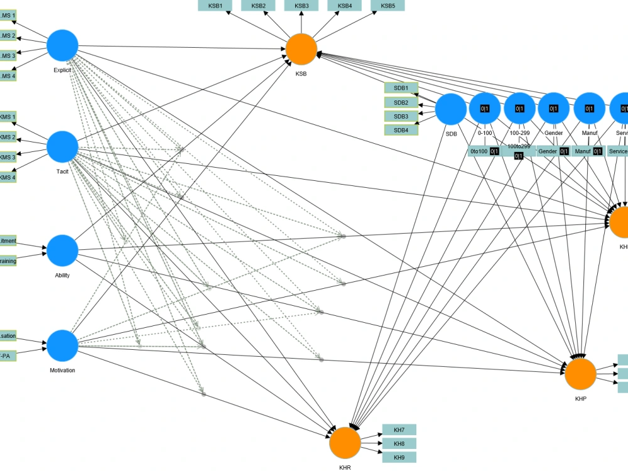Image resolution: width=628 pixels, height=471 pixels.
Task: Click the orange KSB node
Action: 301,50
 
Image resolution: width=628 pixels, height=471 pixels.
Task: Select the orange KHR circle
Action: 345,443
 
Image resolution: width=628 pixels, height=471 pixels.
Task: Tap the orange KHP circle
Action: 580,374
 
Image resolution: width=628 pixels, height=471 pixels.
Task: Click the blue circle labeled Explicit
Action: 63,45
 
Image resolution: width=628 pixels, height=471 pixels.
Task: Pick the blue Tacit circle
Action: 63,146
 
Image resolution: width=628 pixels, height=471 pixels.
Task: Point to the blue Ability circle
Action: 63,251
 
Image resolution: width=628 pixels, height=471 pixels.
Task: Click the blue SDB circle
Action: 451,109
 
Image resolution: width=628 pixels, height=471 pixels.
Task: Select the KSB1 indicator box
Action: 215,6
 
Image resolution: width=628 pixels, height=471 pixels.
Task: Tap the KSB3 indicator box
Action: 301,6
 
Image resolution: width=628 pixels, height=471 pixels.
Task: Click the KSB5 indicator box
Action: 388,6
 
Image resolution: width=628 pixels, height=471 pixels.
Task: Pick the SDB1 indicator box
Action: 401,88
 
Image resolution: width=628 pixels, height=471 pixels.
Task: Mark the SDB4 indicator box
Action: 401,130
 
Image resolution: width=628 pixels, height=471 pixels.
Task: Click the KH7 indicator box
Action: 399,430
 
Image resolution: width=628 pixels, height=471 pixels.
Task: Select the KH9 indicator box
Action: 399,457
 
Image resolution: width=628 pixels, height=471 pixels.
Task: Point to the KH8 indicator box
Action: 399,443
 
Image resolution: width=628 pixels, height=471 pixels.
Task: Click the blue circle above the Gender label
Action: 554,108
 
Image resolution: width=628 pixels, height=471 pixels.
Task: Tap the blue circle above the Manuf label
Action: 589,108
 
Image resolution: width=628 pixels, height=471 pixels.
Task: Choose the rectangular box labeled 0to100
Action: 484,151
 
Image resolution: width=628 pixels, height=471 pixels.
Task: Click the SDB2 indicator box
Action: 401,102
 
